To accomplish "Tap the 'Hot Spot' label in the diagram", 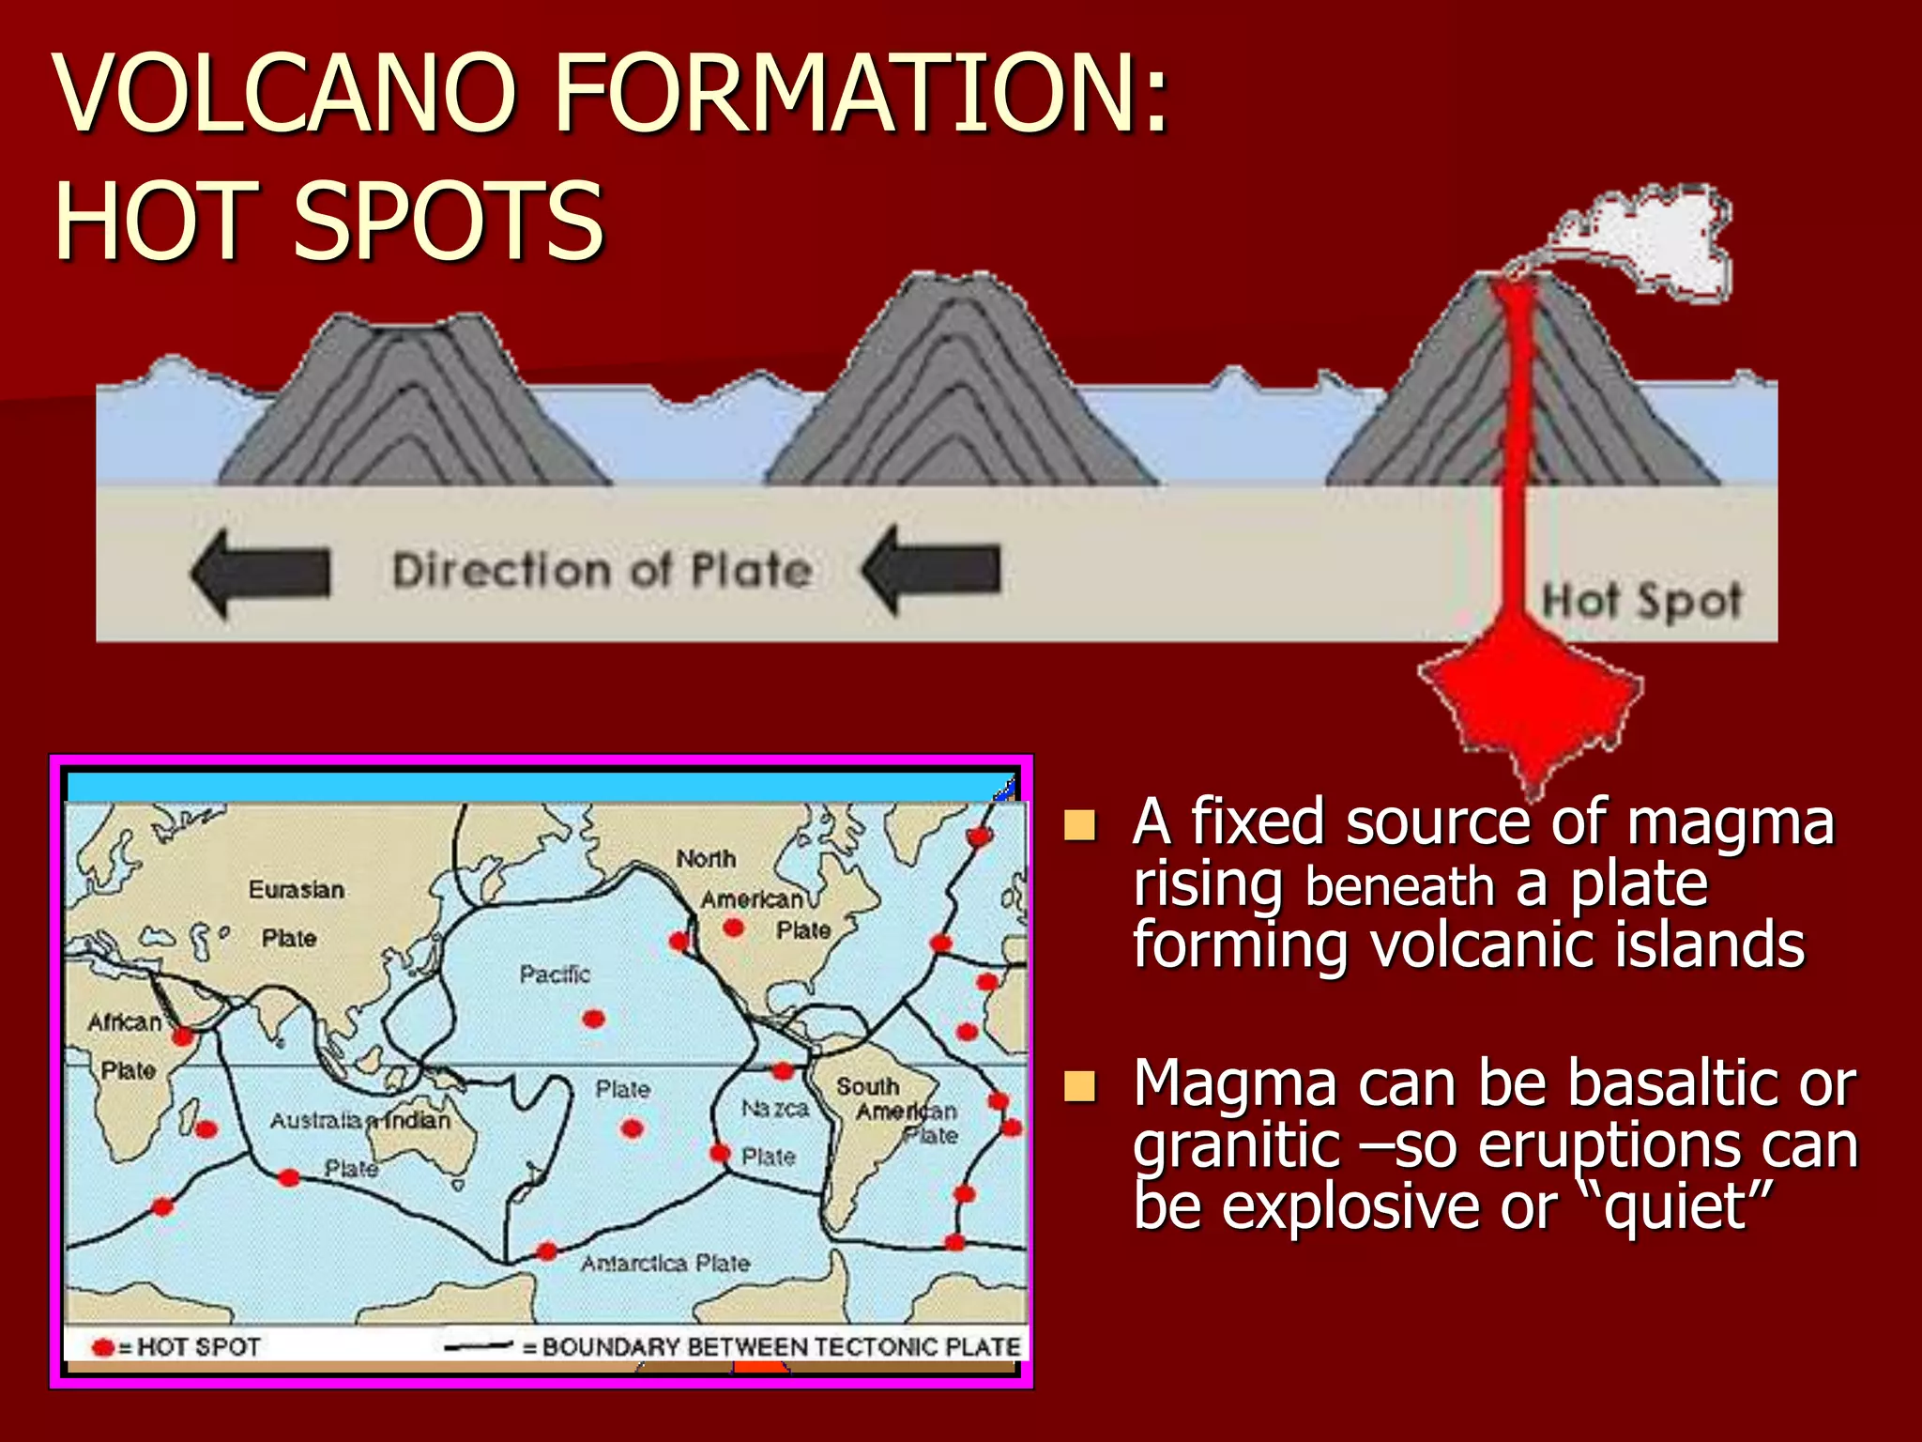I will (1641, 600).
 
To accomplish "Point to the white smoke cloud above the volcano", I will (1652, 239).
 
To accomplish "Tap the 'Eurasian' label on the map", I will (296, 889).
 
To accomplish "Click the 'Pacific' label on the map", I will (555, 974).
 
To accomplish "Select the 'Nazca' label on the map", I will (774, 1109).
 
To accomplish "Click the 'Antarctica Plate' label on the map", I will (664, 1264).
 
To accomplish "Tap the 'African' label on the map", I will (124, 1022).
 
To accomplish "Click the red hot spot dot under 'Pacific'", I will (593, 1019).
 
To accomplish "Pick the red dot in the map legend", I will (103, 1348).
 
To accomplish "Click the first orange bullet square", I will (1080, 824).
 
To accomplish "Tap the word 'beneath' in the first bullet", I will (1399, 886).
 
